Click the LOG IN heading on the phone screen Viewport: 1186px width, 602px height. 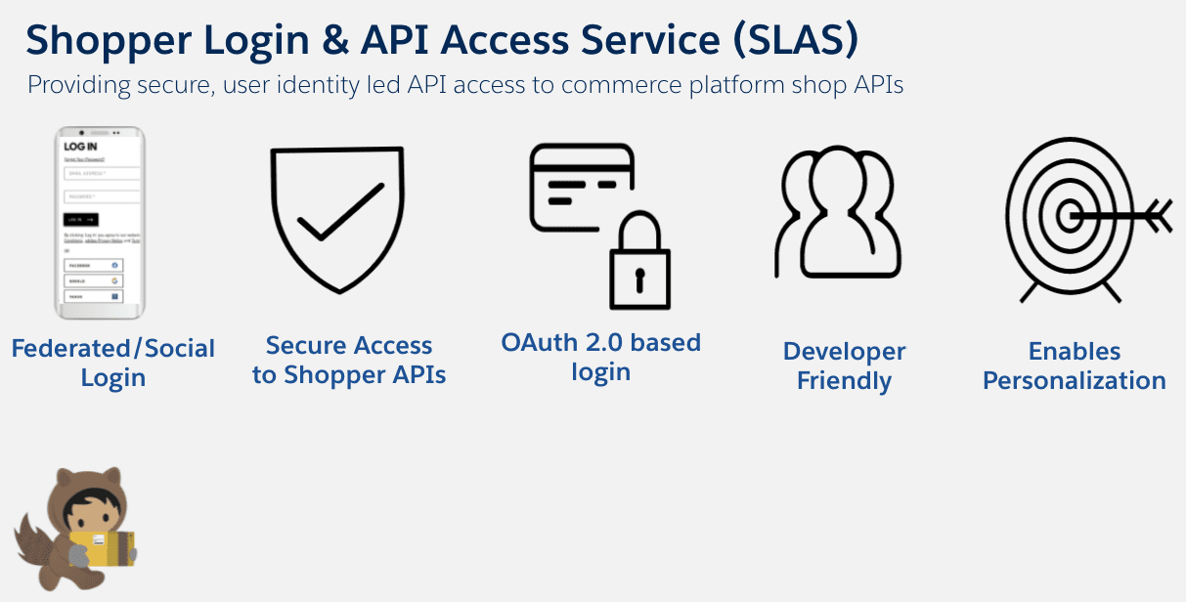(80, 148)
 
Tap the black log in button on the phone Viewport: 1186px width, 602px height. (81, 220)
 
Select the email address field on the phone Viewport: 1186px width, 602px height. (102, 174)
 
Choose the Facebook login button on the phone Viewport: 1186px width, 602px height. (93, 265)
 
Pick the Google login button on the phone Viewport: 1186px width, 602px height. (93, 280)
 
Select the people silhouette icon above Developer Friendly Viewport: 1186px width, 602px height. (838, 215)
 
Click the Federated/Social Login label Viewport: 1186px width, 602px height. (112, 364)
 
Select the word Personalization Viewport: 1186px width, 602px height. (1074, 381)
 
